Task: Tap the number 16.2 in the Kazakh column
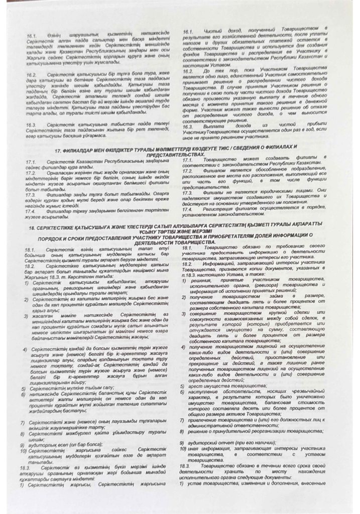(34, 75)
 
